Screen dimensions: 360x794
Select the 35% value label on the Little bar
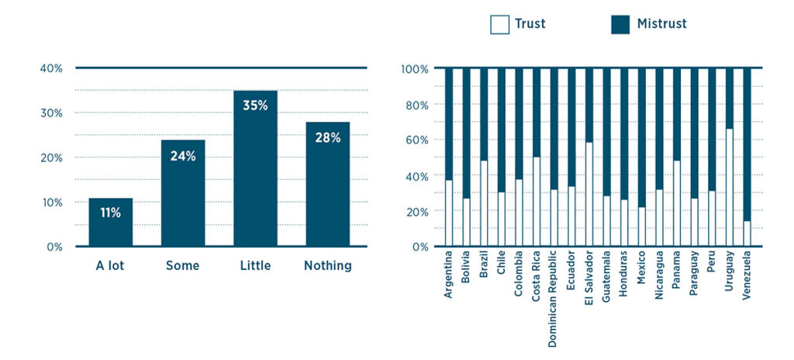click(x=255, y=105)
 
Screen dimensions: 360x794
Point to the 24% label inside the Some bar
click(x=183, y=155)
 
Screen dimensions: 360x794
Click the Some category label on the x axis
click(x=182, y=266)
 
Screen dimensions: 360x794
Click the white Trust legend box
click(x=499, y=24)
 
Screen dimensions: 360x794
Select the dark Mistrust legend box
click(x=620, y=24)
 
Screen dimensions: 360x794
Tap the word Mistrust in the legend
click(x=661, y=24)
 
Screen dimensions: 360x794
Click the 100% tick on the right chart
click(x=415, y=69)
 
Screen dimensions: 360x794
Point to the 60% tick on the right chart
click(x=416, y=140)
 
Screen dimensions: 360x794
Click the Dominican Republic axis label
click(x=554, y=299)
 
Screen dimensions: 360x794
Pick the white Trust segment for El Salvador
click(x=589, y=194)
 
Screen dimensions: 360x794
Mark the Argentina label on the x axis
click(x=449, y=278)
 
